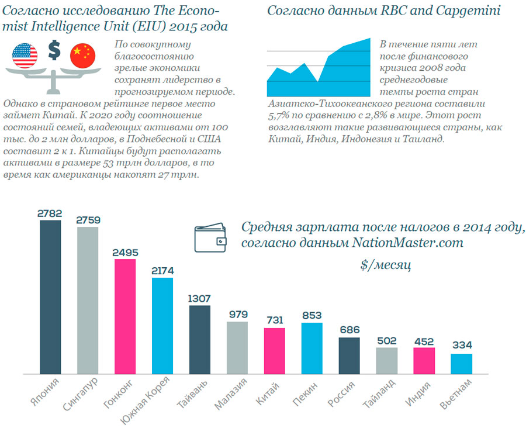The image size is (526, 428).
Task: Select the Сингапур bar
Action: pos(88,301)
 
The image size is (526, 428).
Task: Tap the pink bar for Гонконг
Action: pos(125,316)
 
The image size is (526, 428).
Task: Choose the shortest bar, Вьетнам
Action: pos(462,364)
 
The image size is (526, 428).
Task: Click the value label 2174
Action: pos(162,271)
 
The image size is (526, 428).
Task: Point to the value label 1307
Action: pos(200,298)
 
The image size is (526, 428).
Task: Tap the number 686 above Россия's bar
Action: pos(349,330)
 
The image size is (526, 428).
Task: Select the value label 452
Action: pos(424,340)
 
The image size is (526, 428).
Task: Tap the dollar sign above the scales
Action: pos(54,51)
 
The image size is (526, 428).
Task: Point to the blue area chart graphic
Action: pos(319,70)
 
